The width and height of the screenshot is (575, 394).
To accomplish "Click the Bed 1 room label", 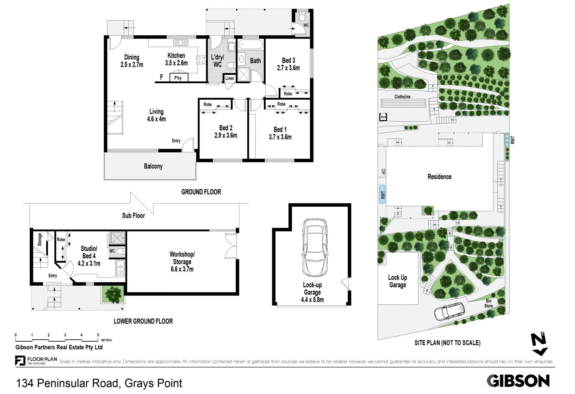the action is coord(280,133).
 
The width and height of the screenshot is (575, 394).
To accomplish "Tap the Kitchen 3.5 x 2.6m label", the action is coord(176,59).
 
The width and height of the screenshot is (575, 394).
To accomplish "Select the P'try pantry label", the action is coord(178,78).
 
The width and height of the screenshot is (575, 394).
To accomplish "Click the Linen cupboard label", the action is coord(230,78).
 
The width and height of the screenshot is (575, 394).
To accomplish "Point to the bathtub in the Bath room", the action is coord(251,45).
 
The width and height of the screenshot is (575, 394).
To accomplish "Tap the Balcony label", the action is coord(153,166).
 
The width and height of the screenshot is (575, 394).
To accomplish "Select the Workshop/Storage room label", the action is coord(182,262).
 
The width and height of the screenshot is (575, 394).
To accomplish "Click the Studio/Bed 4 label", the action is coord(89,256).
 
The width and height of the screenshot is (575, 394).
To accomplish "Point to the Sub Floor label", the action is coord(134,216).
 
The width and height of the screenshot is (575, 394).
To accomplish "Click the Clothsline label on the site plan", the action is coord(402,97).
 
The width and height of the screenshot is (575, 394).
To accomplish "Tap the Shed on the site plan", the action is coord(383,117).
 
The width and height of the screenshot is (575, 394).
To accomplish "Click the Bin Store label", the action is coord(488,303).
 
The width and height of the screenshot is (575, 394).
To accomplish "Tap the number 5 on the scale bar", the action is coord(98,335).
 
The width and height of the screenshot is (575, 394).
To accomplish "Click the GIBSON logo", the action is coord(518,381).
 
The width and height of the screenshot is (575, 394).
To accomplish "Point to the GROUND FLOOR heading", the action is coord(201,192).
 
